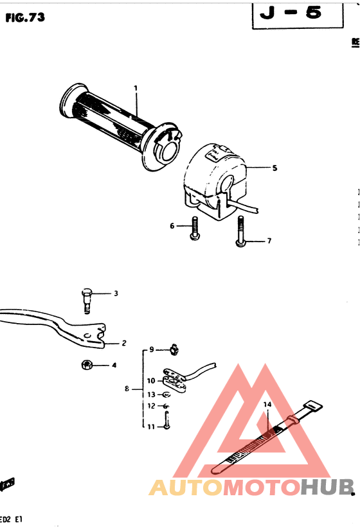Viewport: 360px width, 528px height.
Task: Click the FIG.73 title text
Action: pyautogui.click(x=25, y=17)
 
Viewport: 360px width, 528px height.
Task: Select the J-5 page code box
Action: pyautogui.click(x=296, y=13)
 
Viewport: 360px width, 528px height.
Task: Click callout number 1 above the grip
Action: pyautogui.click(x=136, y=87)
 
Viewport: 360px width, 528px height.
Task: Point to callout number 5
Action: pyautogui.click(x=274, y=168)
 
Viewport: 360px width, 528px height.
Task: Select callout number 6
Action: pyautogui.click(x=172, y=225)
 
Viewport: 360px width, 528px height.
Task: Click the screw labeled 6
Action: pyautogui.click(x=194, y=231)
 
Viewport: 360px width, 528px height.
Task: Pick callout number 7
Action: pyautogui.click(x=269, y=241)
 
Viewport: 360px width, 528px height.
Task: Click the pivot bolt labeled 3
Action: pyautogui.click(x=88, y=299)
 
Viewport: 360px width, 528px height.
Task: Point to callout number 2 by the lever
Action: pyautogui.click(x=123, y=342)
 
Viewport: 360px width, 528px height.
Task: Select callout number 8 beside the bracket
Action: pyautogui.click(x=127, y=389)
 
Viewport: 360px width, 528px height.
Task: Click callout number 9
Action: pyautogui.click(x=152, y=349)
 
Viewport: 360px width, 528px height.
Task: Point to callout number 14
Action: pyautogui.click(x=267, y=404)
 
